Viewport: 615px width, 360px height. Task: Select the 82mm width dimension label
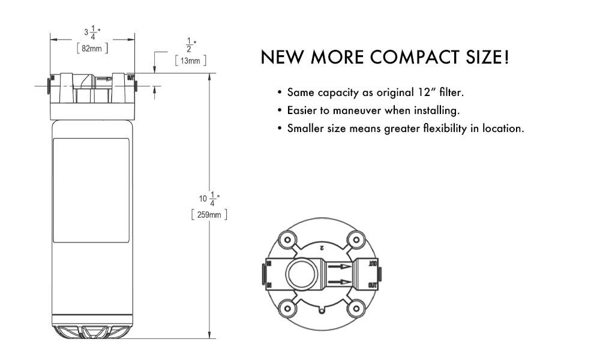click(92, 49)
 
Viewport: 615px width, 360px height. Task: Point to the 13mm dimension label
click(190, 61)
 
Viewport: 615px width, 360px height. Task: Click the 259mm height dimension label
click(208, 214)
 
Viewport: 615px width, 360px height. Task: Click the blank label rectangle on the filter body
click(91, 190)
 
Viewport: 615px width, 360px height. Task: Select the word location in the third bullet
click(503, 128)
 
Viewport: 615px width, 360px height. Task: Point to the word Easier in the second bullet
click(304, 110)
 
